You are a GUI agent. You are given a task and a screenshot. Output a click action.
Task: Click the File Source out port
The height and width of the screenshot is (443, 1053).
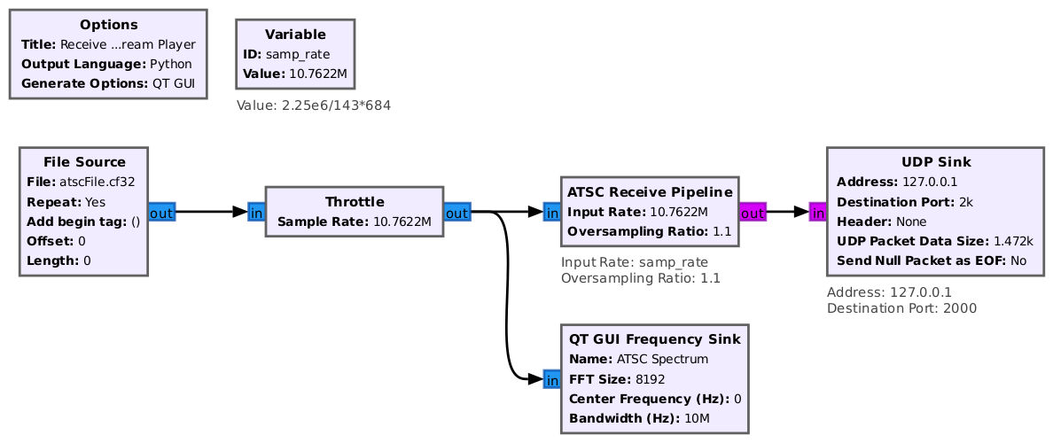click(x=161, y=213)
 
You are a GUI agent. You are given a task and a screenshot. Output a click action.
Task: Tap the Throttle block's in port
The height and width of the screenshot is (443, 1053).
click(x=256, y=213)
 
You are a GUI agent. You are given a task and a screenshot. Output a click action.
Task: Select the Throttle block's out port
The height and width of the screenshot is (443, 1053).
click(x=457, y=213)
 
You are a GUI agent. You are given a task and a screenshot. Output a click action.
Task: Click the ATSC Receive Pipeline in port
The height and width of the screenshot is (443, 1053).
click(x=552, y=213)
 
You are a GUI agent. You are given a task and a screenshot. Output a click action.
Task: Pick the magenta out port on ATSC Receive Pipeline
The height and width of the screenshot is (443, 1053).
click(x=753, y=213)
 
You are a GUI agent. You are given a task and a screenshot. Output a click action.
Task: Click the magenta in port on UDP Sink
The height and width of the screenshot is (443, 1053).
click(x=818, y=213)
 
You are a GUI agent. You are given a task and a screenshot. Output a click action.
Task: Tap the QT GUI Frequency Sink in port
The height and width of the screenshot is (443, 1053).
click(x=552, y=380)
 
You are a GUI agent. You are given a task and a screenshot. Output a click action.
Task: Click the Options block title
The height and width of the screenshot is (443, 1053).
click(x=109, y=25)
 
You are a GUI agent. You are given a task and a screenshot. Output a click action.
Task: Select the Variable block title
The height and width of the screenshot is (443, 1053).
click(x=295, y=35)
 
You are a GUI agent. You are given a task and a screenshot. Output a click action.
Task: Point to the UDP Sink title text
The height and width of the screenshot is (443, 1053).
click(x=936, y=162)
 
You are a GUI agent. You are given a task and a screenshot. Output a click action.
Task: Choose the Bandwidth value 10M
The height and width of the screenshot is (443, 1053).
click(x=697, y=419)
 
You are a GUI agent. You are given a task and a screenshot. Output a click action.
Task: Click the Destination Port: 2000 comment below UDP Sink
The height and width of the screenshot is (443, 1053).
click(x=902, y=308)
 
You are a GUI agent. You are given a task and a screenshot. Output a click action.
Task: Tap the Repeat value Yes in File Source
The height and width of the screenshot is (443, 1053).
click(x=95, y=201)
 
